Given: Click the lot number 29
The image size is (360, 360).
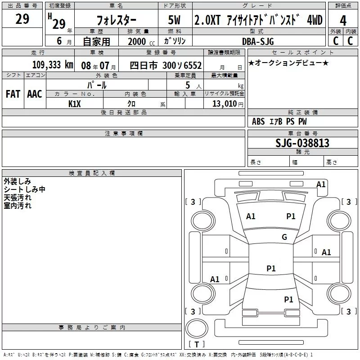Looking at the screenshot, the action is click(22, 19).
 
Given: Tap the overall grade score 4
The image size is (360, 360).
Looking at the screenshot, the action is click(343, 20).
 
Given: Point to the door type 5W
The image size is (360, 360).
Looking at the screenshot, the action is click(175, 20).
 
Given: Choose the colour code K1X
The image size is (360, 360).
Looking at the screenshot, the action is click(74, 104).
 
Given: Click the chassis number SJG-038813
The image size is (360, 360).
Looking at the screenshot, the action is click(302, 143).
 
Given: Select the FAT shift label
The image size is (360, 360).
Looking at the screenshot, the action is click(13, 94).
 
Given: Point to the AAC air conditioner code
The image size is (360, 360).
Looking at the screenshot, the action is click(35, 94).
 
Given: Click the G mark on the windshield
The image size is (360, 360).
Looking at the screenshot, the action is click(284, 237).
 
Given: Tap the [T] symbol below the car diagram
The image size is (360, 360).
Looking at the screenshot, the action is click(196, 345).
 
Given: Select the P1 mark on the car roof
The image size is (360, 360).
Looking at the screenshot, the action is click(271, 269).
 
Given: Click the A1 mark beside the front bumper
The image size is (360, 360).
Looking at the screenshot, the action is click(321, 184).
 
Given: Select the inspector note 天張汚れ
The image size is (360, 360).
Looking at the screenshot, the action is click(18, 198).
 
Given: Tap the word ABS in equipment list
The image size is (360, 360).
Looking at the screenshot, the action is click(258, 121).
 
